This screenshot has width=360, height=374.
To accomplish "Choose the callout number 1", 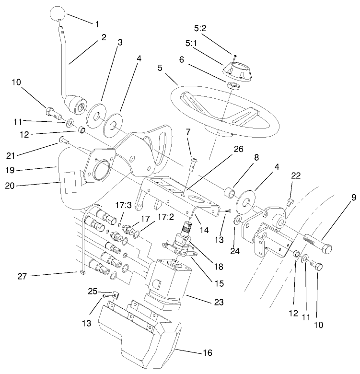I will pos(98,23).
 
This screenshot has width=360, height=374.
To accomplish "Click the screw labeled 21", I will pos(64,140).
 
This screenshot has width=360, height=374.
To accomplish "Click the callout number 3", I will pos(119,43).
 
